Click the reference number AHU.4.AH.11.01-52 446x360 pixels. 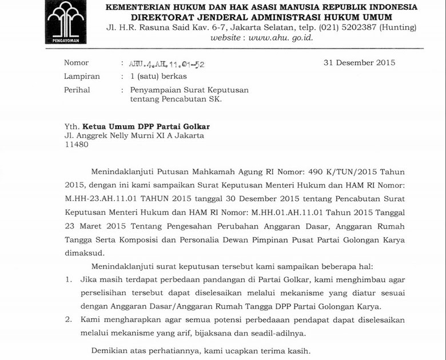click(168, 64)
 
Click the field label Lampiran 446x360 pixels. click(82, 76)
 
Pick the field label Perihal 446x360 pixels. click(77, 90)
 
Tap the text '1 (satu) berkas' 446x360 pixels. click(158, 76)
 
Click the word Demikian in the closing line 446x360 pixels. click(110, 350)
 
